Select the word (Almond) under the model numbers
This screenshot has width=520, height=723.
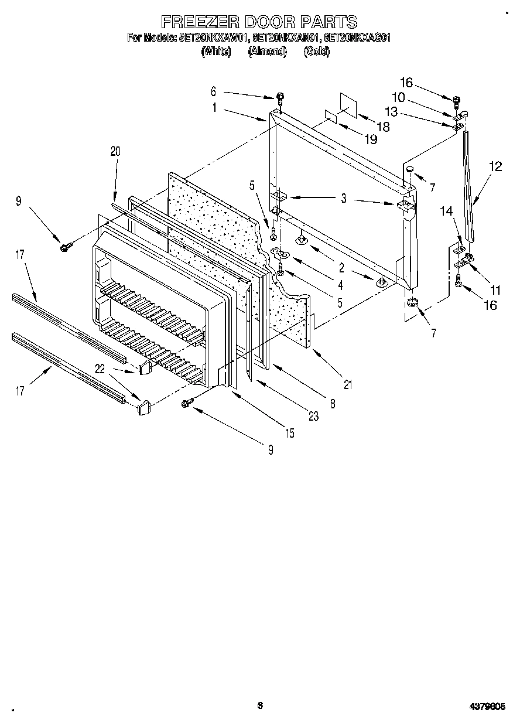point(267,52)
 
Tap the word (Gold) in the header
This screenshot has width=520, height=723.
point(317,52)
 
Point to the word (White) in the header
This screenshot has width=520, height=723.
point(217,52)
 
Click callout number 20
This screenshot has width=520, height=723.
point(115,151)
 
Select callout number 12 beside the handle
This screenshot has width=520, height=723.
point(495,166)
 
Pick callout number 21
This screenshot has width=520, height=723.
point(348,384)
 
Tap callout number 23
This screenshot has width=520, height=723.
point(313,417)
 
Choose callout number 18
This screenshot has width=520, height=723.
point(383,126)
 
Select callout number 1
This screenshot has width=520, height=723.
point(214,108)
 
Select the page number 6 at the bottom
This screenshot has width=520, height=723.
point(259,705)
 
